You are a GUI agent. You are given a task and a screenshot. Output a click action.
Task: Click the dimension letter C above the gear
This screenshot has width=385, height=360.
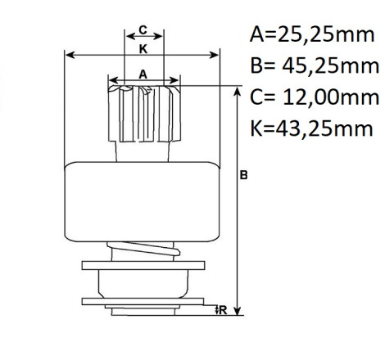tap(143, 29)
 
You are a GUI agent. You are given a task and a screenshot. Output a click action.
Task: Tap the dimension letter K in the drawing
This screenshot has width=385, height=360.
tap(143, 49)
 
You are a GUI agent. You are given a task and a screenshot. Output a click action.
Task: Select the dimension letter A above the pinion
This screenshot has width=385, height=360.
tap(143, 74)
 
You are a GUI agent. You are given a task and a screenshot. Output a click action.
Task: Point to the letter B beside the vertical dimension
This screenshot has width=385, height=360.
tap(243, 175)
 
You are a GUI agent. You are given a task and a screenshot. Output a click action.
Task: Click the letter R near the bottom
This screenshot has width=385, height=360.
tap(223, 310)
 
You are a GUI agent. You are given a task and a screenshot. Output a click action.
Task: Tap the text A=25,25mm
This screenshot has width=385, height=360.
tap(312, 34)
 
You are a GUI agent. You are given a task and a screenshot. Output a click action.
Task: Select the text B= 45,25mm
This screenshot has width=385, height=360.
tap(315, 66)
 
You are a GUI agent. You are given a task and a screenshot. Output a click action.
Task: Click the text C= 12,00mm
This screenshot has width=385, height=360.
tap(315, 97)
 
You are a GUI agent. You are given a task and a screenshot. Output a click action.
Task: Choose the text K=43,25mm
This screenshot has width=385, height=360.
tap(311, 128)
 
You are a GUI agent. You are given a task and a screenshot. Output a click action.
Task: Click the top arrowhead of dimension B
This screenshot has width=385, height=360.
tap(238, 92)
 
